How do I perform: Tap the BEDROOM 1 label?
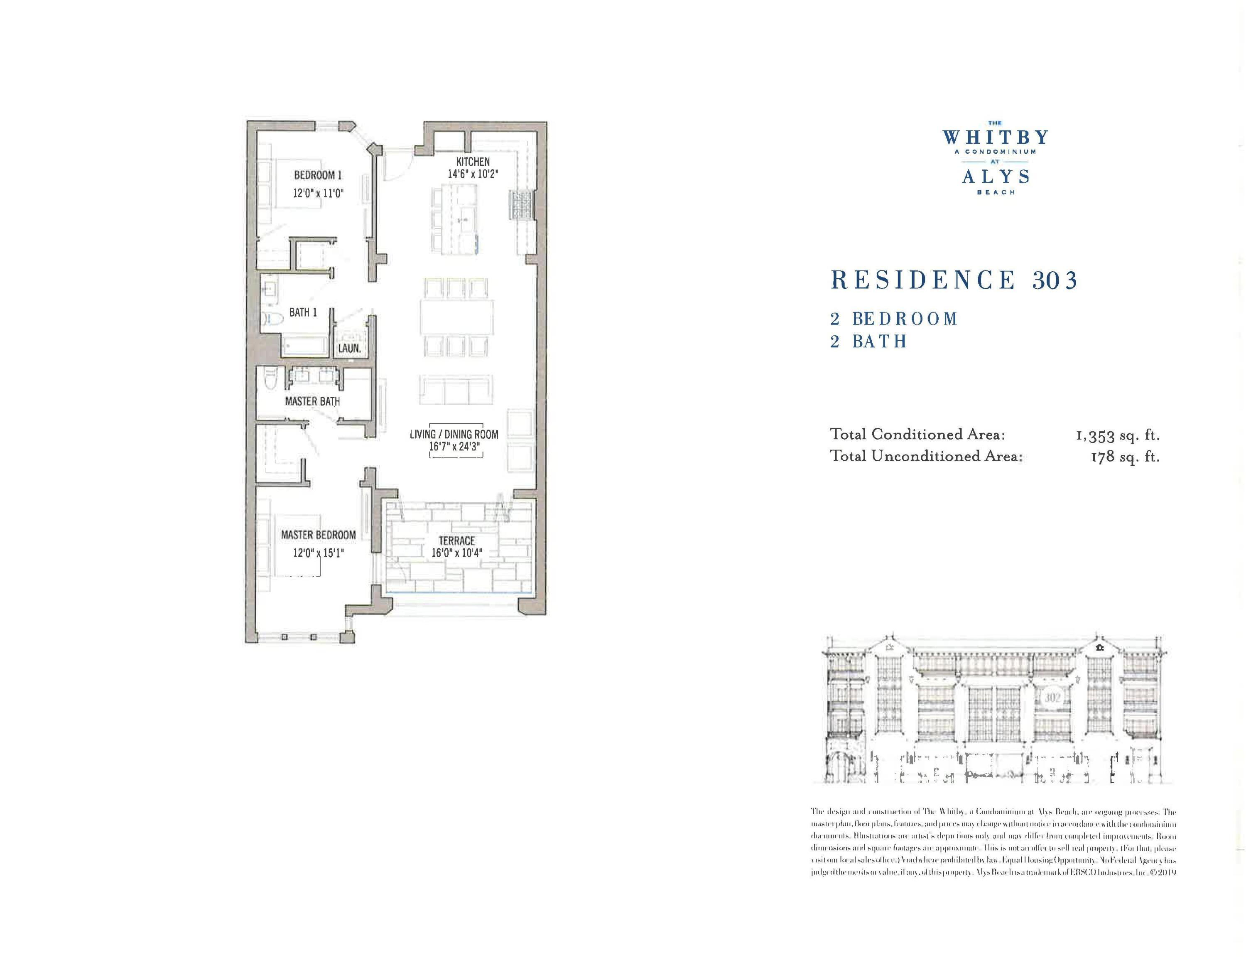(318, 175)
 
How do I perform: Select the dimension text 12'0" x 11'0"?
(318, 194)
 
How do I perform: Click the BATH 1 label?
(302, 313)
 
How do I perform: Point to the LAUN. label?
(349, 348)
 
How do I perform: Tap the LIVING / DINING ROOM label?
(454, 434)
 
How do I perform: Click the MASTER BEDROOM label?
(318, 535)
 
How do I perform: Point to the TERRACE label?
(456, 540)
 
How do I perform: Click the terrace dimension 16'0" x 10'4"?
(456, 553)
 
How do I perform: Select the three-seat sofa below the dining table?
(456, 390)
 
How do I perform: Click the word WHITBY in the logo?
(996, 138)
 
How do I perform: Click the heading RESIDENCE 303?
(954, 280)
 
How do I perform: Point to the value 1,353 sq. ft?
(1118, 436)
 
